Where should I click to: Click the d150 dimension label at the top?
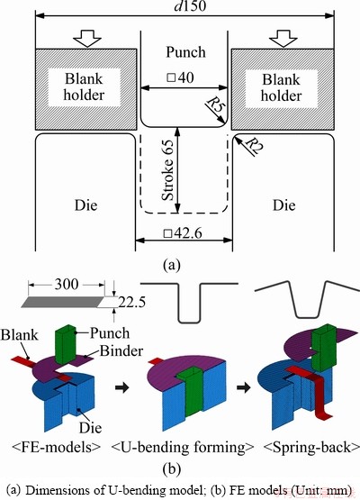[190, 5]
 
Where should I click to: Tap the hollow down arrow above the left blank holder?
[87, 38]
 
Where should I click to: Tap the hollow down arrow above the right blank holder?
[283, 38]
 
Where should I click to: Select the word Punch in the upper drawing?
[185, 52]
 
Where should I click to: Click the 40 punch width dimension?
[180, 77]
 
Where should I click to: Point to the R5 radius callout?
[215, 105]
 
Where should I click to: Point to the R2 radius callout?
[253, 145]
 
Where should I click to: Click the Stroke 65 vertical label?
[167, 169]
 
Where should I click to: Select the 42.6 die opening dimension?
[183, 233]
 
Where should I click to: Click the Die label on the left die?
[85, 205]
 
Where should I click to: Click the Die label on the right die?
[283, 205]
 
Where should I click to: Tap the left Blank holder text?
[84, 86]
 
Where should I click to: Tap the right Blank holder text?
[281, 87]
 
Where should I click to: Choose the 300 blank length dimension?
[67, 284]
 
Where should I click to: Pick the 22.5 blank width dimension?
[131, 302]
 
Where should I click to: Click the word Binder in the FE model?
[121, 350]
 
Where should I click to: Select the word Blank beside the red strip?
[20, 335]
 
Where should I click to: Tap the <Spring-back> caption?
[311, 448]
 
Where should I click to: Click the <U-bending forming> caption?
[183, 448]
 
